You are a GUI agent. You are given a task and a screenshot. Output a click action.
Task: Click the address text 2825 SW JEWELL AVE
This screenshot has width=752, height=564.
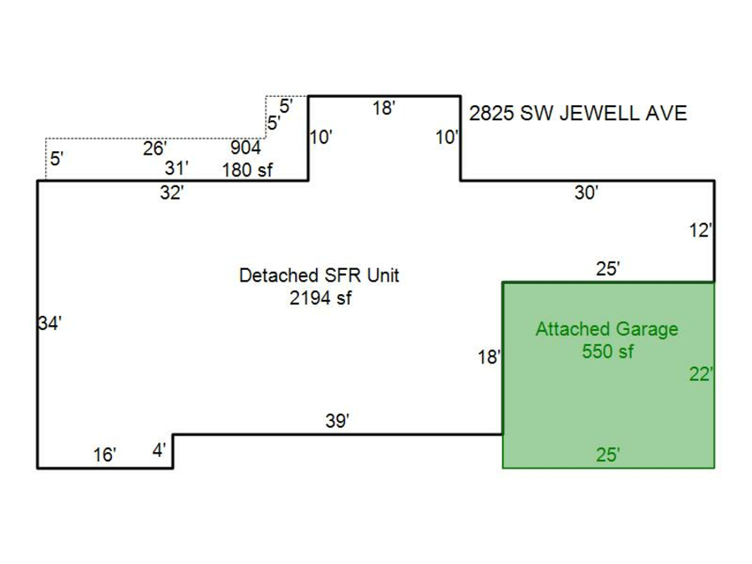[577, 114]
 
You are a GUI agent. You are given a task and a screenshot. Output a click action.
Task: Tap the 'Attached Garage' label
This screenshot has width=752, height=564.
[607, 329]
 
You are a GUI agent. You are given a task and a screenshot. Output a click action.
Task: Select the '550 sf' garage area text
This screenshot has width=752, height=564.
[607, 352]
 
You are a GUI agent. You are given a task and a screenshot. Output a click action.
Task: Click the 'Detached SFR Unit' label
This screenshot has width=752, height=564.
[319, 276]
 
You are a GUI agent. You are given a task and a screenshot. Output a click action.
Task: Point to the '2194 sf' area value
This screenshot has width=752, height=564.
[319, 297]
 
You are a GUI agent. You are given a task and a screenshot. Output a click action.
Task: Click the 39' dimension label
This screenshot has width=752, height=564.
[337, 422]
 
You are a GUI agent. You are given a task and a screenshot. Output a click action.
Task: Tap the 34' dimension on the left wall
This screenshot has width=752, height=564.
[50, 324]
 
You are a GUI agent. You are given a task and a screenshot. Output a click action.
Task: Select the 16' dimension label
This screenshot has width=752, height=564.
[104, 455]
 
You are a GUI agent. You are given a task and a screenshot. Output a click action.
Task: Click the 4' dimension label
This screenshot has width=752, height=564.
[159, 451]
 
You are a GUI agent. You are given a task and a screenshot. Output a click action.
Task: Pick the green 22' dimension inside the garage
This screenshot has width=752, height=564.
[700, 375]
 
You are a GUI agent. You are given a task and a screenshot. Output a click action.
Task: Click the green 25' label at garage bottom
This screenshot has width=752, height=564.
[607, 455]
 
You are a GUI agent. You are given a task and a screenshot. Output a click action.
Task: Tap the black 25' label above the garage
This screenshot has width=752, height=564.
[607, 268]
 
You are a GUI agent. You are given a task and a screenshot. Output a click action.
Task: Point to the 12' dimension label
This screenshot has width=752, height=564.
[700, 231]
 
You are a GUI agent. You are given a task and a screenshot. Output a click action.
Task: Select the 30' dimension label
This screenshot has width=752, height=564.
[586, 193]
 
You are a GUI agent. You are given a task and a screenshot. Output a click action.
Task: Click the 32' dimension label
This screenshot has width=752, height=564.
[171, 193]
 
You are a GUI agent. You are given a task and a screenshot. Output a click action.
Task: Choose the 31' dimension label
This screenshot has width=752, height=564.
[176, 168]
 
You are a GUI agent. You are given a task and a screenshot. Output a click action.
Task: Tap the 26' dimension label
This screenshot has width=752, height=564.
[155, 149]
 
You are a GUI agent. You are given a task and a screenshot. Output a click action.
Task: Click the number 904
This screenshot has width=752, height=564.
[246, 149]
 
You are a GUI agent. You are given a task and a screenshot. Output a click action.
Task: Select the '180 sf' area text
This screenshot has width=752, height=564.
[247, 170]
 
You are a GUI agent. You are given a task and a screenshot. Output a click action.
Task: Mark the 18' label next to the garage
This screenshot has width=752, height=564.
[489, 358]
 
